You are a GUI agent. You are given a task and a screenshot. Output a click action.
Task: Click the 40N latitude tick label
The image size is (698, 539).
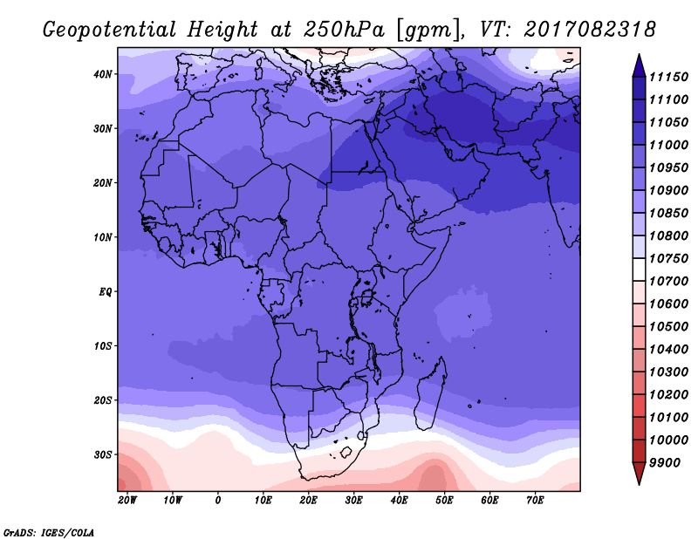point(102,74)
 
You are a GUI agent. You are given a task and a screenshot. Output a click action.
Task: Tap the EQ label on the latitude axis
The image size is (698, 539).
point(105,292)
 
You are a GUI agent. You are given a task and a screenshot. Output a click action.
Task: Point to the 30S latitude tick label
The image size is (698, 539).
point(102,455)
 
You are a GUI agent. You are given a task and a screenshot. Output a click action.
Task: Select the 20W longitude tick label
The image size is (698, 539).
point(127,501)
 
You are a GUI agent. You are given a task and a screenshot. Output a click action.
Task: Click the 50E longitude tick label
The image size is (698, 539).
point(444,501)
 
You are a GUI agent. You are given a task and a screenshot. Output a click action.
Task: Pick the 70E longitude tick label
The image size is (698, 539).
point(535,501)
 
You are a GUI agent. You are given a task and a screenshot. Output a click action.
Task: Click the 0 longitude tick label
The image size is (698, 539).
point(217,501)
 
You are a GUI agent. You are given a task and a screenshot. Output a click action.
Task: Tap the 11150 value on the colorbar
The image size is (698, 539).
point(668,77)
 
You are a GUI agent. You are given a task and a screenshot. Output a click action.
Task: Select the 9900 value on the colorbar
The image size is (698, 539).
point(665,463)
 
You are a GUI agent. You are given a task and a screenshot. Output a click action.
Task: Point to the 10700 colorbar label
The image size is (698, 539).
point(668,282)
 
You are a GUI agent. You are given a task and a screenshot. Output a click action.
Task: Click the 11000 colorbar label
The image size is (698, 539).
point(668,145)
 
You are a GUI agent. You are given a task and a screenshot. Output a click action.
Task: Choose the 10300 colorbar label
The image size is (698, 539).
point(668,372)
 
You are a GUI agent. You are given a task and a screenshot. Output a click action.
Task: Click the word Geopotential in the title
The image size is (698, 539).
point(110,30)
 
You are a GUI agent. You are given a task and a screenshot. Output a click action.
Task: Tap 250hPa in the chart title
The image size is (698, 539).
point(344,30)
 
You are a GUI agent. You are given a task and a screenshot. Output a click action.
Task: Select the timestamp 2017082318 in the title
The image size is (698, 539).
point(590,30)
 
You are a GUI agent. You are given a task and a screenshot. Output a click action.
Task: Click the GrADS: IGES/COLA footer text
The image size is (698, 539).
point(49,532)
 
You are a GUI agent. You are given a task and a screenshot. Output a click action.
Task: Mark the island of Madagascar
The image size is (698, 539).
point(430,394)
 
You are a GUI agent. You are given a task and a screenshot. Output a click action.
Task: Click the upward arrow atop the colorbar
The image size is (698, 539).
point(639,65)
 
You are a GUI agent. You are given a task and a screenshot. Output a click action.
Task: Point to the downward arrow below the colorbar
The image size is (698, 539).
point(639,474)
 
